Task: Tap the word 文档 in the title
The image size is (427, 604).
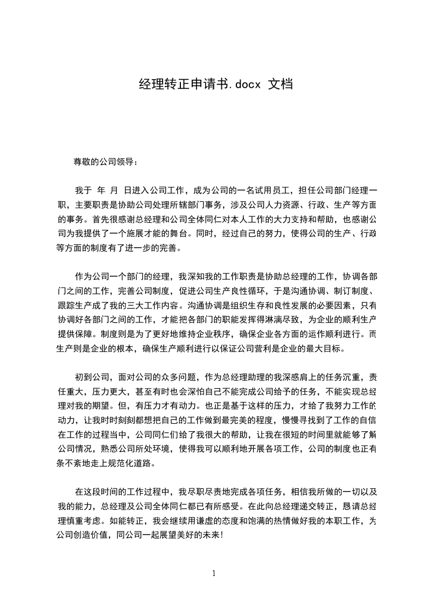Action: [x=281, y=84]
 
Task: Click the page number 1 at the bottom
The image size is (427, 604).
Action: [x=214, y=573]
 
